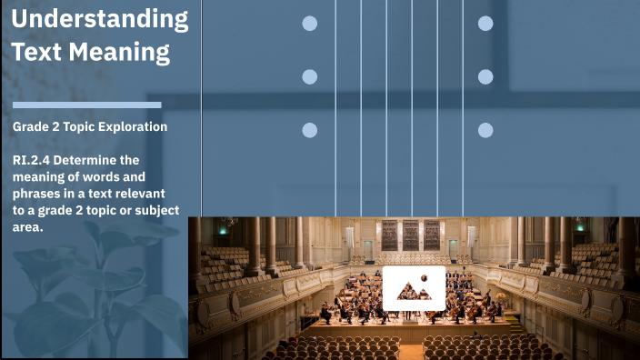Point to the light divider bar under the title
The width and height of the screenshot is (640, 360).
pyautogui.click(x=87, y=105)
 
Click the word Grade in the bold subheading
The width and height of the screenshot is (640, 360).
pyautogui.click(x=30, y=127)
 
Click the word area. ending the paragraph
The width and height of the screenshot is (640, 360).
pyautogui.click(x=28, y=227)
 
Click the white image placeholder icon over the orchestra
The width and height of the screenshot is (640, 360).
pyautogui.click(x=414, y=288)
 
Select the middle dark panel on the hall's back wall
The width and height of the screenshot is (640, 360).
pyautogui.click(x=411, y=235)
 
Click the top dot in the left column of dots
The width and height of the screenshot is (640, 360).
pyautogui.click(x=310, y=24)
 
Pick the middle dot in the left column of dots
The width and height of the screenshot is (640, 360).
pyautogui.click(x=310, y=77)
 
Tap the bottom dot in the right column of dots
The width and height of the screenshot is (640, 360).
pyautogui.click(x=485, y=130)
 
